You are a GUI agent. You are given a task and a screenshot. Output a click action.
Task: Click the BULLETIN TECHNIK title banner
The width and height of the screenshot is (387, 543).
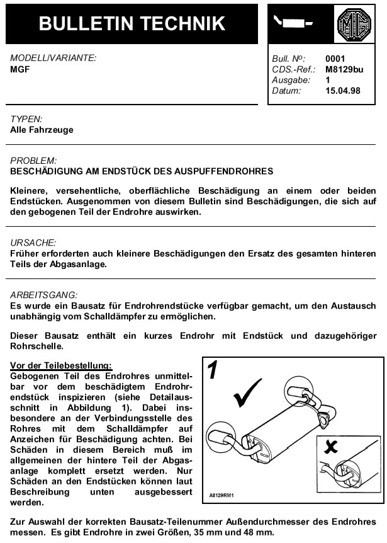pyautogui.click(x=132, y=23)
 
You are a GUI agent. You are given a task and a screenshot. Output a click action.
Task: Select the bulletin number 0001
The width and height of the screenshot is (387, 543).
pyautogui.click(x=335, y=59)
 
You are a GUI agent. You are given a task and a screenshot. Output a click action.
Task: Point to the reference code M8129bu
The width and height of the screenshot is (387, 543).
pyautogui.click(x=344, y=69)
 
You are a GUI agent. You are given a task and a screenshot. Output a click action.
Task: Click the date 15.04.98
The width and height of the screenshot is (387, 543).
pyautogui.click(x=344, y=91)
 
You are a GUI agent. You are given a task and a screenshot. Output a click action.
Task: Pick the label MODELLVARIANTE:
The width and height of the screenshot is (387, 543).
pyautogui.click(x=53, y=58)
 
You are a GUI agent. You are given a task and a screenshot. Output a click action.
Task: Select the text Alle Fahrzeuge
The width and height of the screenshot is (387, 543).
pyautogui.click(x=42, y=130)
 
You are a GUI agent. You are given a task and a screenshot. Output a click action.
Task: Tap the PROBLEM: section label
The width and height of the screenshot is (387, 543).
pyautogui.click(x=33, y=161)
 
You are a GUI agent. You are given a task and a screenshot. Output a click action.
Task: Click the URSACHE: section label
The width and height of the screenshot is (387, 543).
pyautogui.click(x=33, y=242)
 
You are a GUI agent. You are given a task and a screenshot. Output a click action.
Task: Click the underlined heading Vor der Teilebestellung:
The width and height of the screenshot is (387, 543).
pyautogui.click(x=61, y=365)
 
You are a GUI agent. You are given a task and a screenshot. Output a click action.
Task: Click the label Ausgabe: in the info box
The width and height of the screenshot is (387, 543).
pyautogui.click(x=290, y=80)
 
